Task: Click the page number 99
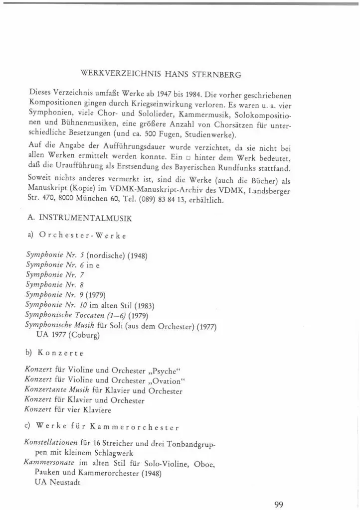(x=279, y=491)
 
